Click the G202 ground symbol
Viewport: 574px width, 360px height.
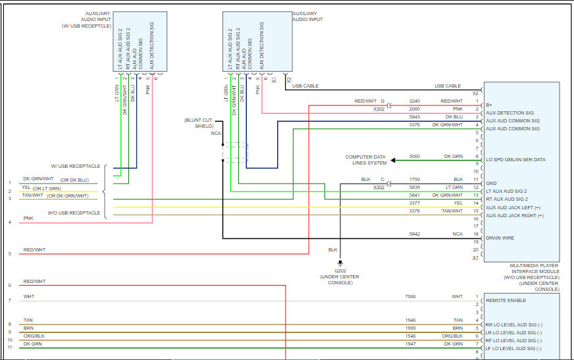coord(340,263)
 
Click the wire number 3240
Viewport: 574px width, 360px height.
coord(415,101)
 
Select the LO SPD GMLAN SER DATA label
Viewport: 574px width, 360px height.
coord(515,159)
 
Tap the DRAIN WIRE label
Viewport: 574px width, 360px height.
coord(500,238)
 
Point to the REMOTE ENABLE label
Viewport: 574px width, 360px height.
coord(506,300)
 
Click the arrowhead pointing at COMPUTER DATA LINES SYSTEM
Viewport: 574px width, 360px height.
coord(393,160)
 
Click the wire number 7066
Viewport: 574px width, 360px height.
coord(410,297)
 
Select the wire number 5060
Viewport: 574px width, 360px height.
coord(415,156)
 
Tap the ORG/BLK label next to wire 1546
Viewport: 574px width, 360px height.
coord(452,336)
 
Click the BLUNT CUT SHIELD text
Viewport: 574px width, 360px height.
coord(199,123)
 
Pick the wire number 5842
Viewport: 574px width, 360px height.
coord(415,234)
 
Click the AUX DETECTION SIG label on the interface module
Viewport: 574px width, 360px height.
coord(509,113)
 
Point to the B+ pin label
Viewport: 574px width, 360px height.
coord(488,105)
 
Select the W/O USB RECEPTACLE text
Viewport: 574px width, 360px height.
coord(74,213)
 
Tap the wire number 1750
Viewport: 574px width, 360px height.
coord(415,180)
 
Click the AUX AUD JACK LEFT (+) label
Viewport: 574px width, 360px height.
coord(513,207)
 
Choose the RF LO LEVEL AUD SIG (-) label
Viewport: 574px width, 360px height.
coord(513,341)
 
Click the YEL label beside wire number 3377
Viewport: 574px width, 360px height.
coord(458,203)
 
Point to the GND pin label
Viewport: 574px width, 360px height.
coord(491,184)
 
